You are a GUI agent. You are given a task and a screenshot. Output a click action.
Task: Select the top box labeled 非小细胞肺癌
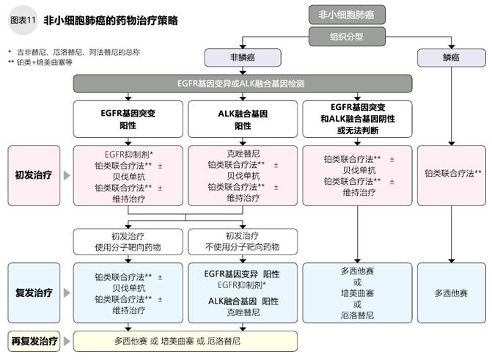coord(346,14)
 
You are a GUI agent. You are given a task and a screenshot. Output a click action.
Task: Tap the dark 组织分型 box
coord(346,35)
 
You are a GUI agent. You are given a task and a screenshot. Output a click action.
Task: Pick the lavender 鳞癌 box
coord(449,57)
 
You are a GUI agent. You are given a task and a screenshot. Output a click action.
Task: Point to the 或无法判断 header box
coord(358,120)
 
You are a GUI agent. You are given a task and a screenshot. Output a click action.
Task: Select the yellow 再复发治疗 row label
coord(34,341)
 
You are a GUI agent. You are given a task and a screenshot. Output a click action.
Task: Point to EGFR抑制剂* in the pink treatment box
coord(128,154)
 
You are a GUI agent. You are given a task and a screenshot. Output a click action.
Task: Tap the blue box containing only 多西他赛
coord(450,293)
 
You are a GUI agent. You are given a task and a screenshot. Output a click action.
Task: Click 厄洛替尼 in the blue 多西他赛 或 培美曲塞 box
coord(358,315)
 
